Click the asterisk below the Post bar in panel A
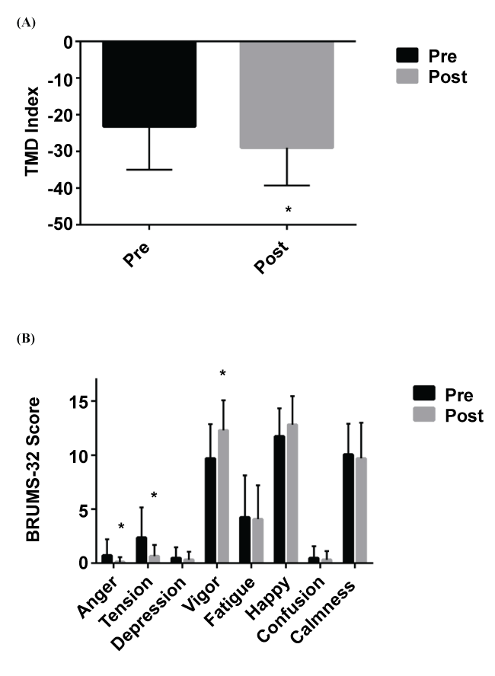coord(288,209)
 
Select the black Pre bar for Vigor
coord(210,510)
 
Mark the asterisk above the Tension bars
coord(154,496)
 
